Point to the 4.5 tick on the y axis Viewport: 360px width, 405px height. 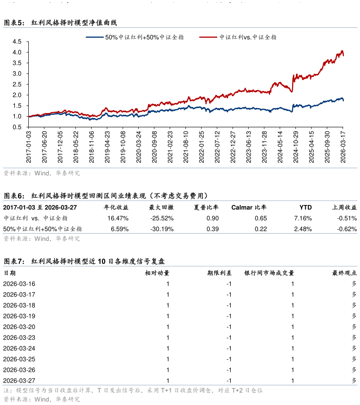click(17, 42)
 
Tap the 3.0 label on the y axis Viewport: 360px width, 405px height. click(17, 74)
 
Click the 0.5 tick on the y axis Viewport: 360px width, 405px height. click(17, 127)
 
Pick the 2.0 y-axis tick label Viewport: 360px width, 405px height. click(17, 95)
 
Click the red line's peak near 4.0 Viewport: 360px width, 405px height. click(342, 51)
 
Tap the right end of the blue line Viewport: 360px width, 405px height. click(343, 100)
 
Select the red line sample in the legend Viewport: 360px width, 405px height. click(208, 37)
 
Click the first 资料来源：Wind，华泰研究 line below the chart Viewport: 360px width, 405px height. click(41, 173)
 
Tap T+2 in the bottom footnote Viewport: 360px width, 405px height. click(237, 390)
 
